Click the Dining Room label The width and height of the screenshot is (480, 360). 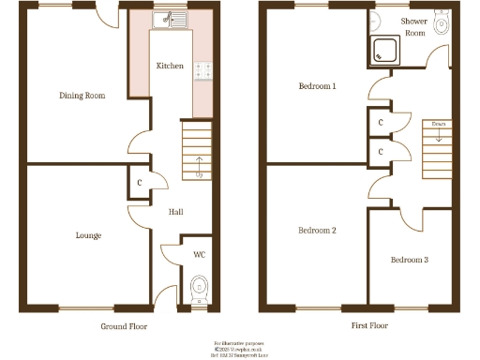[x=82, y=96]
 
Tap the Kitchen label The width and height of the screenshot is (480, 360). [x=170, y=66]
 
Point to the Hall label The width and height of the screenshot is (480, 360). [x=175, y=212]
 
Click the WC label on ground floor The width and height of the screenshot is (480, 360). [x=199, y=254]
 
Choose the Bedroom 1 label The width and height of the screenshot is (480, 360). [x=318, y=86]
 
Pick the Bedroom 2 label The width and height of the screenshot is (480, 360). [x=317, y=230]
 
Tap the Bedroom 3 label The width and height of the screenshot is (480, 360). [x=410, y=259]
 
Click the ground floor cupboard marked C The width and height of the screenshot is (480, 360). [x=139, y=183]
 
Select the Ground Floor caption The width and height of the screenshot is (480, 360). [x=124, y=326]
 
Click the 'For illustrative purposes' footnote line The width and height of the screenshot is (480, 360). [x=240, y=343]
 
